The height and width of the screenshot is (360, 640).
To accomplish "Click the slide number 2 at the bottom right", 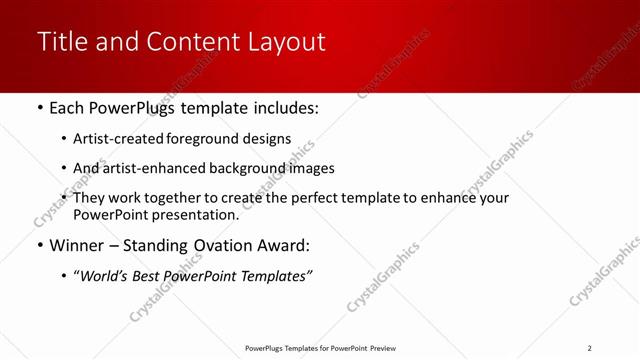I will point(589,347).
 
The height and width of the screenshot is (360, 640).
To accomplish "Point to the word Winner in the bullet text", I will point(78,244).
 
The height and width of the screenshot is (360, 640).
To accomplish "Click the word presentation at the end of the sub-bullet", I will point(199,213).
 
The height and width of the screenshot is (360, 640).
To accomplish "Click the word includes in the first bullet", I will point(282,106).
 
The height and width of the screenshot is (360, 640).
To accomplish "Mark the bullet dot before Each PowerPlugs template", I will point(39,107).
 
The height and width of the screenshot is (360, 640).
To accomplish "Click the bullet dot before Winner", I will point(39,245).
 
